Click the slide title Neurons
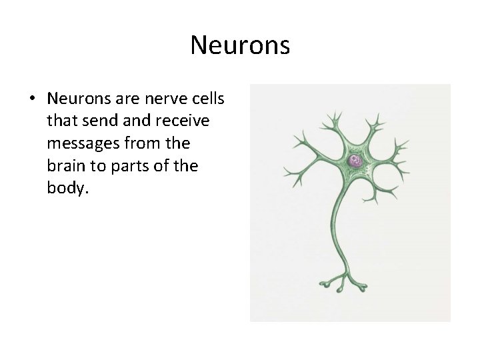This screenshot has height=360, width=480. point(240,45)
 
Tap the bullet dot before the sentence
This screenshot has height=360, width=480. point(32,99)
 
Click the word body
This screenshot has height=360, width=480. point(67,187)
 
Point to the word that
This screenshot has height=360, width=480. point(62,121)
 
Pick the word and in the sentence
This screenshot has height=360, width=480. point(134,121)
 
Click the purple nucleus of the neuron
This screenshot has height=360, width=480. point(355,161)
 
